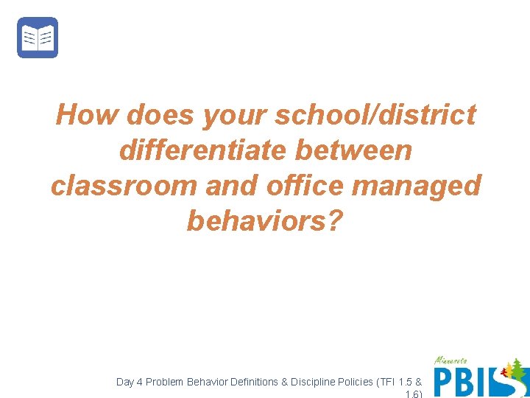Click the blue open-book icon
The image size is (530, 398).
coord(38,38)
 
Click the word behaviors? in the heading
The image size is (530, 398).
coord(265,220)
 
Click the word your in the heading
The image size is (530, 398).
coord(234,115)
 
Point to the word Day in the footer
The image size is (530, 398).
coord(125,382)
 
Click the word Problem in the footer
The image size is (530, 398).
coord(165,382)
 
